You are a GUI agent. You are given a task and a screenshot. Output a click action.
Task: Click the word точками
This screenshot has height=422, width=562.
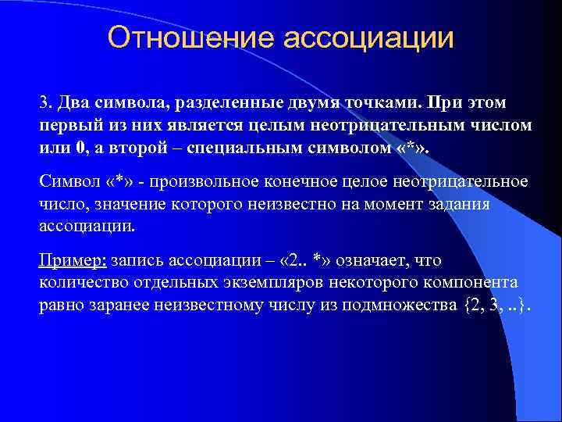[371, 103]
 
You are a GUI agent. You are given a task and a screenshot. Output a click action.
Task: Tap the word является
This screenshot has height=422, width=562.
[201, 126]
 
